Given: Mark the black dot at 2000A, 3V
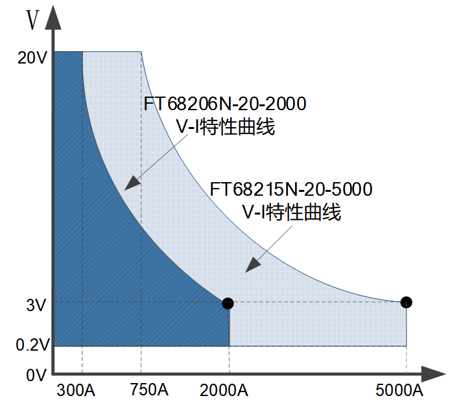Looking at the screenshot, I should click(x=228, y=303).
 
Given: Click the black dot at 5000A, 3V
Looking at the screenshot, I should click(x=406, y=302).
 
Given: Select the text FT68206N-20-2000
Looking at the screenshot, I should click(x=225, y=104).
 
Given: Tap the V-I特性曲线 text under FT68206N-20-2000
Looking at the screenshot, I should click(x=226, y=126).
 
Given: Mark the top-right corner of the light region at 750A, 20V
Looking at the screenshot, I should click(x=141, y=52).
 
